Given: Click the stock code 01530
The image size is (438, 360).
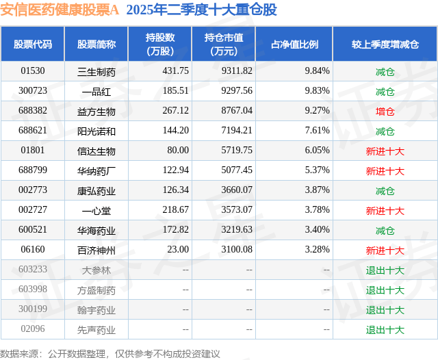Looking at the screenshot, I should (x=32, y=71).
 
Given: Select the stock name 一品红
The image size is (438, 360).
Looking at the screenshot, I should (x=96, y=91).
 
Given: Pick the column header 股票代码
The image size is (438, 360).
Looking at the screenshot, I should (x=32, y=44).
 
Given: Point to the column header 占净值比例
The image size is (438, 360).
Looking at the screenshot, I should (x=294, y=44).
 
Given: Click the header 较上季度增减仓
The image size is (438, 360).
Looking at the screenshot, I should (x=385, y=44).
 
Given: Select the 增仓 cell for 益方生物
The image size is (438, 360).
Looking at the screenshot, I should (x=385, y=111).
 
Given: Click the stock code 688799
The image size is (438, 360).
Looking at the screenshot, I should (x=32, y=170).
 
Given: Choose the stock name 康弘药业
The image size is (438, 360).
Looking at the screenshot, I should (x=96, y=190).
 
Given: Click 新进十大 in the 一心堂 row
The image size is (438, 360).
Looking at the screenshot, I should (x=385, y=210).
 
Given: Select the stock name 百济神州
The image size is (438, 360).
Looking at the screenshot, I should (x=96, y=250).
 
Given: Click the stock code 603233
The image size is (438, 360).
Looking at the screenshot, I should (x=32, y=270).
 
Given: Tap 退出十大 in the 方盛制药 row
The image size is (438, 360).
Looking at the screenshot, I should (x=385, y=290).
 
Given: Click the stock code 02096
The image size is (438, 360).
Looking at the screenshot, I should (x=32, y=329).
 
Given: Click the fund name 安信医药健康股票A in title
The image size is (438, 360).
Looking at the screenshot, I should (x=60, y=10).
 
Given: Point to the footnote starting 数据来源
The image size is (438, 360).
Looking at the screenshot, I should (x=110, y=353).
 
